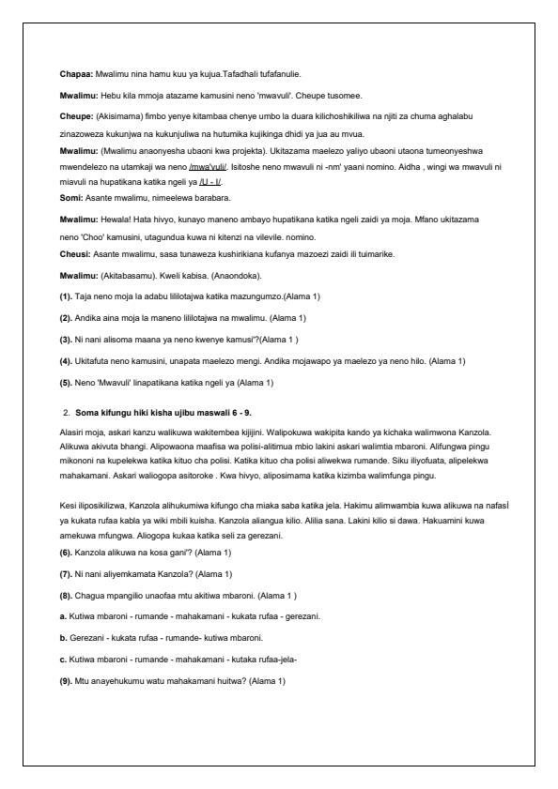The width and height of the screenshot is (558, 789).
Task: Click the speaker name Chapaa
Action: (74, 71)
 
